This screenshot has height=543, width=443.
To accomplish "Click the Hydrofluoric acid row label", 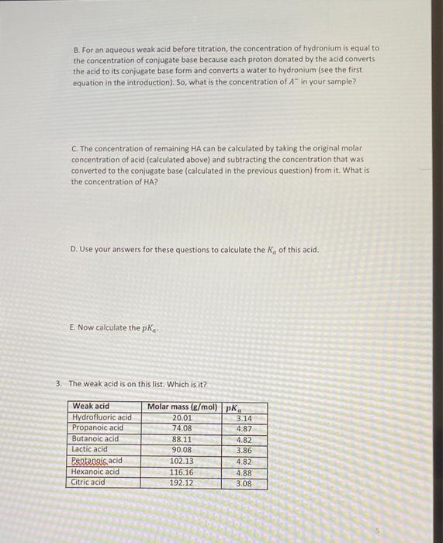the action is click(102, 417).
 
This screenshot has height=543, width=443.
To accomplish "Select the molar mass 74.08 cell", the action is click(181, 428).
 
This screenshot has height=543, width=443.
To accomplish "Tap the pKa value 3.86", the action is click(243, 450).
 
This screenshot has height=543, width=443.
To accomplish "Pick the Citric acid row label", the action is click(88, 482).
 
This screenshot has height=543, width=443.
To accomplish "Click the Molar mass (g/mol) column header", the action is click(182, 406).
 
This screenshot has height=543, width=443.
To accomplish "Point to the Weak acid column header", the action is click(91, 406).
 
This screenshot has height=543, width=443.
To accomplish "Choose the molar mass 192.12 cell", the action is click(182, 482).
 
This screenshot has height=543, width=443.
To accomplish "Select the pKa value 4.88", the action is click(243, 472).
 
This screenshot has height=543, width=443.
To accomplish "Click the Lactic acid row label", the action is click(90, 450).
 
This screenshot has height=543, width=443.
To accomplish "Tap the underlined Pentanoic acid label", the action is click(96, 461).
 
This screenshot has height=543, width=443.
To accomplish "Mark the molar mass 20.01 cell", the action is click(181, 417).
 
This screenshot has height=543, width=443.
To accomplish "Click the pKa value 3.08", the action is click(243, 482).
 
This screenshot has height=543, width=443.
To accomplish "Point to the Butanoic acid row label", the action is click(95, 439).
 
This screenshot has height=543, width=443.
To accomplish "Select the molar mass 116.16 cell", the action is click(182, 472).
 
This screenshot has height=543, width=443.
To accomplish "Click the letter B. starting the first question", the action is click(76, 48).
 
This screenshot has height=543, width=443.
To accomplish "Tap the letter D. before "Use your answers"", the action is click(73, 250).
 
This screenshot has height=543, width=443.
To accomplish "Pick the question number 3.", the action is click(59, 383).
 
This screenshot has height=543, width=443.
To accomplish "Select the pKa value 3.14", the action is click(243, 418).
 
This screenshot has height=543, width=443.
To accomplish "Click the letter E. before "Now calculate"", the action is click(72, 328).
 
